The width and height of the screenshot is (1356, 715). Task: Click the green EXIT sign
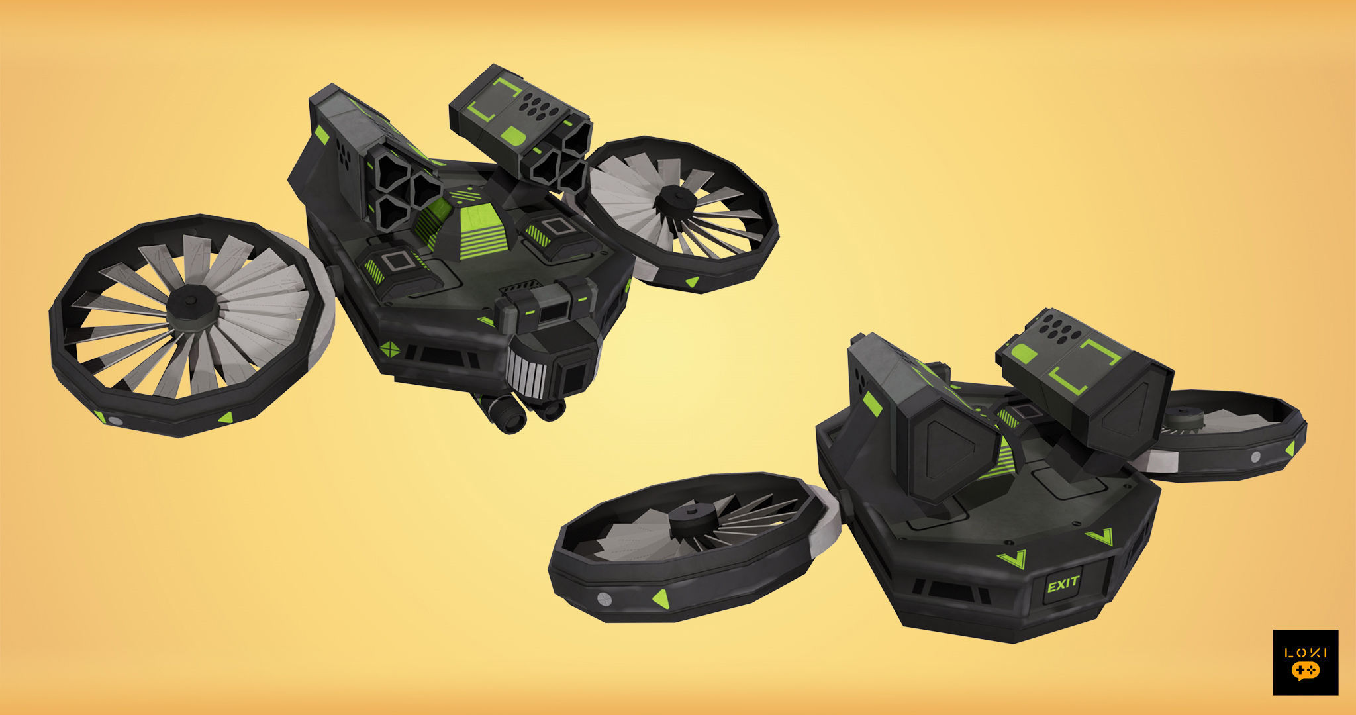pos(1063,584)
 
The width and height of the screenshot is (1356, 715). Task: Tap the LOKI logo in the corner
pos(1305,662)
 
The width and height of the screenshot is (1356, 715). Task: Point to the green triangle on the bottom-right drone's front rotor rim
pos(661,598)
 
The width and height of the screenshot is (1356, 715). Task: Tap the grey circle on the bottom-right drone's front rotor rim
pos(604,598)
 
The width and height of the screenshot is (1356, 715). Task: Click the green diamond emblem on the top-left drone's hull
pos(391,348)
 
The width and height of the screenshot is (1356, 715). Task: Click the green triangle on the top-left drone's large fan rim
pos(226,417)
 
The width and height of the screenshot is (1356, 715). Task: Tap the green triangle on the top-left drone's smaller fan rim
pos(691,282)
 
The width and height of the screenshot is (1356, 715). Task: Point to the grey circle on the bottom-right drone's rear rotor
pos(1255,457)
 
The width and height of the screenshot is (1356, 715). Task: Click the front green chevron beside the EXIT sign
pos(1011,560)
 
